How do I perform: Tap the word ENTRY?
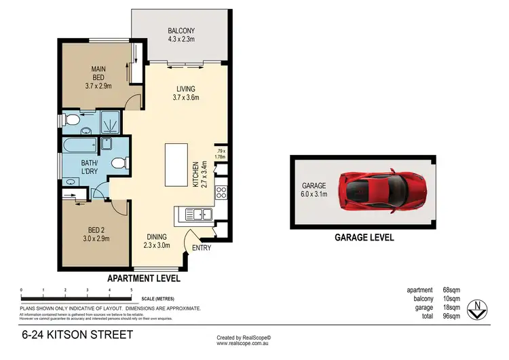click(202, 248)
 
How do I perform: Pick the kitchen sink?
click(198, 215)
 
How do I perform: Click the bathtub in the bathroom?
click(79, 145)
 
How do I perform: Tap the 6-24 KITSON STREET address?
click(77, 336)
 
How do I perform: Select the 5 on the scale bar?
click(131, 290)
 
